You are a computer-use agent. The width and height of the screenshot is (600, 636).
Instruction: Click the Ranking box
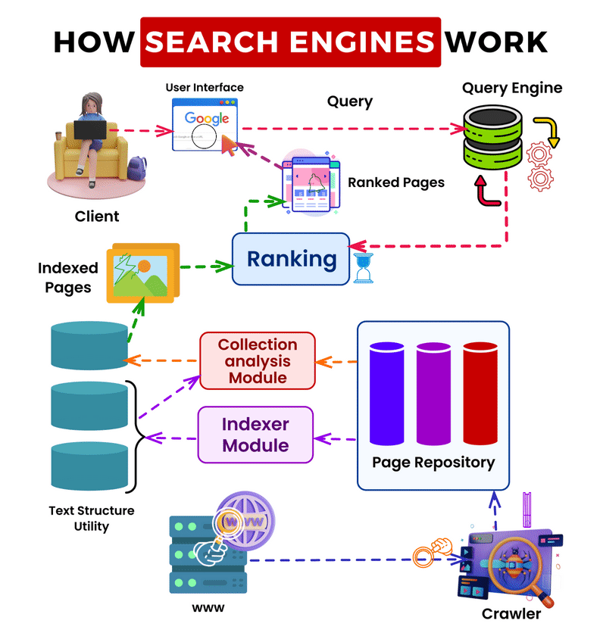291,259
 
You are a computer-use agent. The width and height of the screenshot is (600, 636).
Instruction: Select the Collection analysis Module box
258,360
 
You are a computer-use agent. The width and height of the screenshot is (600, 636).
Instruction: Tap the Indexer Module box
255,435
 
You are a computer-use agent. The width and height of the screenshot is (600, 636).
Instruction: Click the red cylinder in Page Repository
479,393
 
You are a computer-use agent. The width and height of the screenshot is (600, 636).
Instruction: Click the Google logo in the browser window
207,118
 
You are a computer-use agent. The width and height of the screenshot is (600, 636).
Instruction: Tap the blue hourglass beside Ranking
364,268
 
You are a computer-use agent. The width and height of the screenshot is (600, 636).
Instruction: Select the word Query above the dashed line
349,101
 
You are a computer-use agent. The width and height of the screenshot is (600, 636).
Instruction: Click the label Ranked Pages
396,182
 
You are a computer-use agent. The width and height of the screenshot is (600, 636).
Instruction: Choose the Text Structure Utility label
92,518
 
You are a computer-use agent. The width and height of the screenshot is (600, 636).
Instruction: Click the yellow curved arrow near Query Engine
547,130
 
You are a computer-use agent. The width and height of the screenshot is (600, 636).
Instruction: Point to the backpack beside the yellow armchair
137,167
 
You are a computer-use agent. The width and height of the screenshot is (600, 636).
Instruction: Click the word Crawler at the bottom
511,613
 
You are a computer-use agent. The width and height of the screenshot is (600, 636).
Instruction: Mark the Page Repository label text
433,462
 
